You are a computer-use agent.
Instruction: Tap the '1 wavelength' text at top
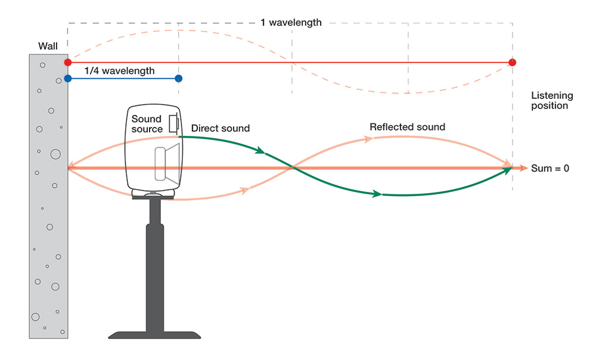(x=291, y=23)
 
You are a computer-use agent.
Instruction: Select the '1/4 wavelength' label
(x=119, y=71)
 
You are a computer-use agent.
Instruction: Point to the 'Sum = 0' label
(x=550, y=169)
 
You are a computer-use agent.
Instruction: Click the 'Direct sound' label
(x=221, y=128)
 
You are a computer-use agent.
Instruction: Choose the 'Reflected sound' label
(x=407, y=127)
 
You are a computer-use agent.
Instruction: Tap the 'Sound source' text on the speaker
(x=147, y=124)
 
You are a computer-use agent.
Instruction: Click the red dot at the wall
(x=68, y=62)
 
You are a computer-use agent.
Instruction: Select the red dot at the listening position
(x=513, y=62)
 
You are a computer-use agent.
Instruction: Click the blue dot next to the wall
(x=68, y=78)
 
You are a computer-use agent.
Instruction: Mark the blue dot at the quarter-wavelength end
(x=179, y=78)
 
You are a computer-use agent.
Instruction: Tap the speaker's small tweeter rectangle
(x=173, y=123)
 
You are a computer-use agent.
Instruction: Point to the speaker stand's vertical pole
(x=155, y=262)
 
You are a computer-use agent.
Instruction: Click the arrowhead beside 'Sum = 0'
(x=524, y=169)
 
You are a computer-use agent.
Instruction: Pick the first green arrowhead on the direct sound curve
(x=260, y=151)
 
